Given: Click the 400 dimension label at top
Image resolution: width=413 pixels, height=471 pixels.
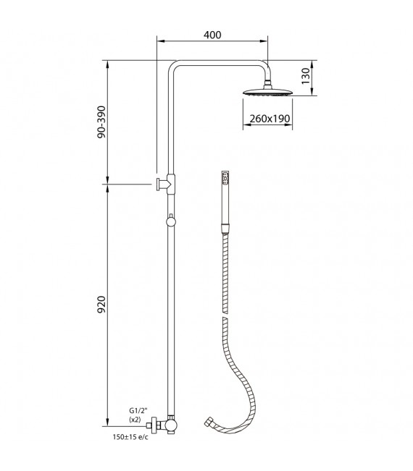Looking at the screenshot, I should (212, 35).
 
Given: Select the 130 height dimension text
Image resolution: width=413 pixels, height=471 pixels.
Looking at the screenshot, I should (306, 75).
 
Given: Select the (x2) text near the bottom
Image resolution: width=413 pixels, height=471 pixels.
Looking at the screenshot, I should (135, 420).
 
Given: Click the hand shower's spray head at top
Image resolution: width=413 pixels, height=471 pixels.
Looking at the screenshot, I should (226, 177).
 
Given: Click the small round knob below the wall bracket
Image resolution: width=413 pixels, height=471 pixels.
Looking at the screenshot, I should (170, 220).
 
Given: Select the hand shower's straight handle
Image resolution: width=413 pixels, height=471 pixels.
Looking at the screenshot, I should (226, 206).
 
